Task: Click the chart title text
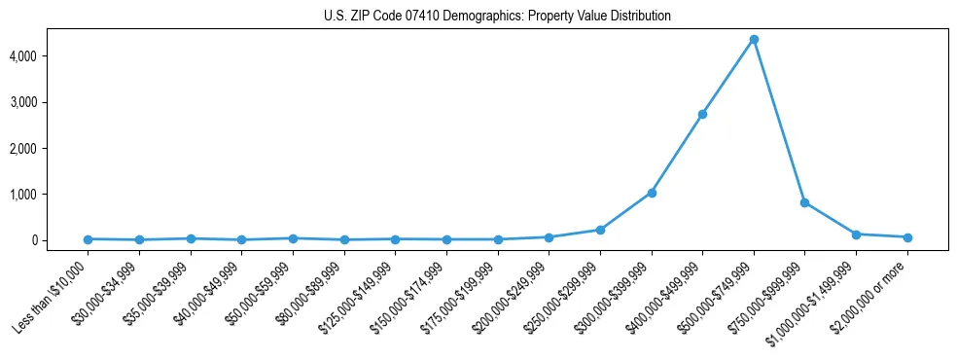coord(497,16)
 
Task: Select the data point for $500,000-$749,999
coord(754,40)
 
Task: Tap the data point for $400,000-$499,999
coord(702,114)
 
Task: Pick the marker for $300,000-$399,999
coord(652,193)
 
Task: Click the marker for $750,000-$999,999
coord(804,202)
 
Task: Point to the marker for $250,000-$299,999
coord(600,230)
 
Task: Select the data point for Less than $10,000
coord(89,239)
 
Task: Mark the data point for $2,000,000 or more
coord(907,237)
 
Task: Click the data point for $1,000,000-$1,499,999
coord(856,234)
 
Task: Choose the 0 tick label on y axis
coord(60,240)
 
